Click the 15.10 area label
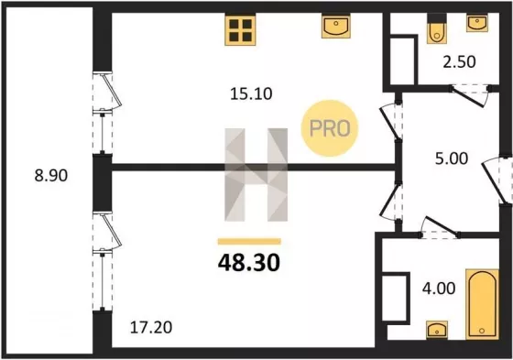tap(251, 94)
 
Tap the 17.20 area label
tap(151, 328)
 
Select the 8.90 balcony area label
tap(51, 175)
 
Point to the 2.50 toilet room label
tap(459, 62)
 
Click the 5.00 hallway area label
tap(452, 158)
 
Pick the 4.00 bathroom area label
tap(439, 289)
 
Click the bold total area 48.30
tap(249, 263)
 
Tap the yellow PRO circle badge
tap(330, 128)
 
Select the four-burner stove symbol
tap(240, 30)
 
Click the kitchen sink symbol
tap(335, 27)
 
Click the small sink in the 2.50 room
tap(477, 23)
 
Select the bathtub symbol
tap(482, 304)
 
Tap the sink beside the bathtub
tap(437, 330)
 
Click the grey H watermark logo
tap(256, 175)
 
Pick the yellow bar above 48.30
tap(249, 242)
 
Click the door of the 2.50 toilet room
tap(470, 96)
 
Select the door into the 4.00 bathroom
tap(440, 227)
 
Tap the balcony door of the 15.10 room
tap(107, 92)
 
